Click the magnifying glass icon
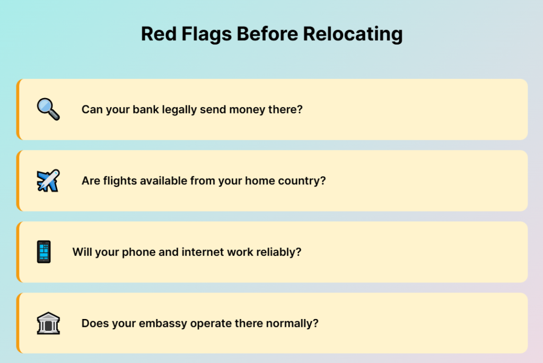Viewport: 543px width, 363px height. pyautogui.click(x=48, y=109)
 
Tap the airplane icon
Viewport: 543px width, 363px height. pyautogui.click(x=48, y=181)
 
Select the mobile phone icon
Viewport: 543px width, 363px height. pyautogui.click(x=44, y=252)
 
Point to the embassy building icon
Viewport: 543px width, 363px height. pyautogui.click(x=48, y=323)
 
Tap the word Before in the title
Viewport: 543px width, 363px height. pyautogui.click(x=267, y=34)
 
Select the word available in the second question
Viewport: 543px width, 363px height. pyautogui.click(x=163, y=181)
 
